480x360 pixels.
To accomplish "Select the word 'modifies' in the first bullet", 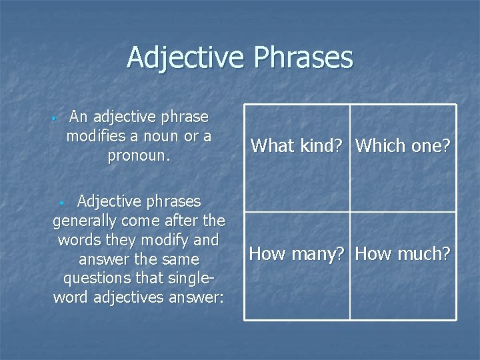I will pos(95,137).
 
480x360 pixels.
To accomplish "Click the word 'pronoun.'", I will pos(139,156).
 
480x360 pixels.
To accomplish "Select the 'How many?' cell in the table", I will pos(297,253).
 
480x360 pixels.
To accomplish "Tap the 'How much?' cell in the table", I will pos(403,253).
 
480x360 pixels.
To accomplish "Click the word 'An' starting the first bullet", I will pos(79,117).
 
